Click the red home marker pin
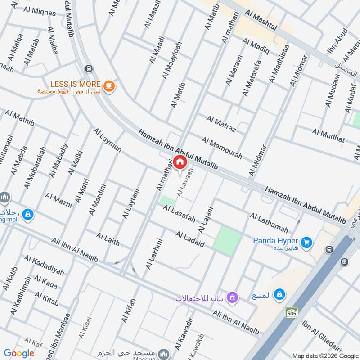(180, 162)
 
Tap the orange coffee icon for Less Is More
(109, 85)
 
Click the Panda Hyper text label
(275, 240)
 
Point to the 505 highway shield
(291, 312)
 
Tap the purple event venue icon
(232, 297)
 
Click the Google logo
(19, 353)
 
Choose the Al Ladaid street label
(190, 240)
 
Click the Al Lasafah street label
(179, 214)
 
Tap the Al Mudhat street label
(328, 135)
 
